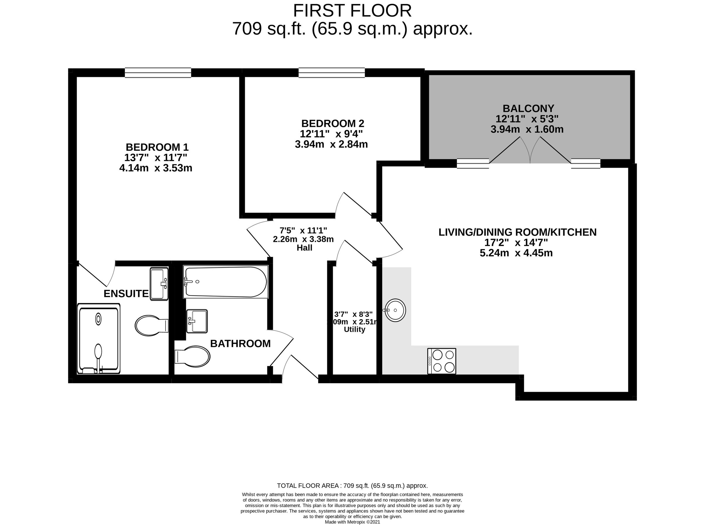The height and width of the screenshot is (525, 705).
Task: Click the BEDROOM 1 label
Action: (x=157, y=147)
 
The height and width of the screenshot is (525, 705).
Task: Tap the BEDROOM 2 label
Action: (x=333, y=123)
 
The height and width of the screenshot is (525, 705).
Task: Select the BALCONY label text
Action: (x=528, y=109)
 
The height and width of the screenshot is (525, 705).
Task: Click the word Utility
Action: (x=354, y=329)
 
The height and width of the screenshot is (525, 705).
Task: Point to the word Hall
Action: (x=305, y=248)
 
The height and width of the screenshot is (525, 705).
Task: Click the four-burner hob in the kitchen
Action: (x=442, y=361)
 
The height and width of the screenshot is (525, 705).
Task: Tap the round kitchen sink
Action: (x=395, y=310)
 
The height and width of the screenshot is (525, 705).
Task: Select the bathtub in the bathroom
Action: (x=226, y=282)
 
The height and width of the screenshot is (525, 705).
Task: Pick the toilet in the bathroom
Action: (x=193, y=356)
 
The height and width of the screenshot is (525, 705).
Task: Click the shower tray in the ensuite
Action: (x=98, y=339)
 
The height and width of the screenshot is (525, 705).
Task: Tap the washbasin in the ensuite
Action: (x=159, y=283)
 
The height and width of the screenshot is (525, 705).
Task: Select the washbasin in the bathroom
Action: (x=197, y=321)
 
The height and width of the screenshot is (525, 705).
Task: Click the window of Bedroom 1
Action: (x=158, y=73)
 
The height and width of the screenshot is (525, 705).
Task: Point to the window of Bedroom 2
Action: (x=332, y=73)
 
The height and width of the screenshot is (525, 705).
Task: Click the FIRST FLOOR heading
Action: (x=352, y=11)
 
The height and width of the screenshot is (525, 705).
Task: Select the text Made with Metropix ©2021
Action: (x=352, y=522)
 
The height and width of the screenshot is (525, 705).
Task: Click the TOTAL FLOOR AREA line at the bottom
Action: (x=352, y=486)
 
